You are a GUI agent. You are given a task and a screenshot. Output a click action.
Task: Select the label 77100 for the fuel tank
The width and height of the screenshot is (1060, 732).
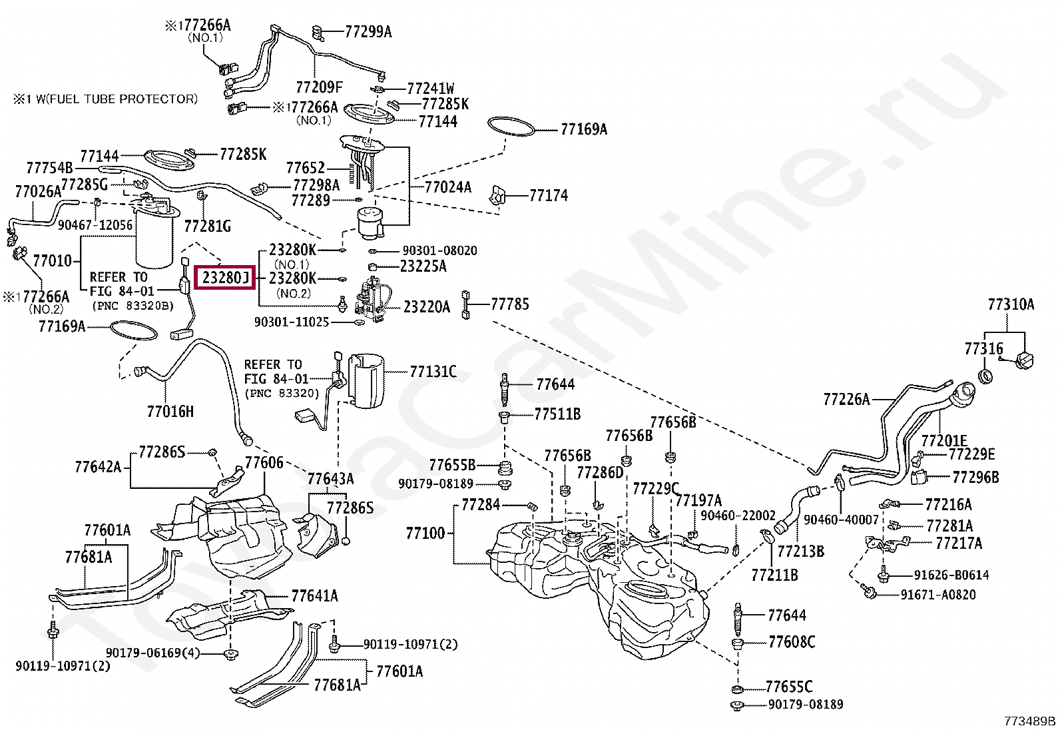click(x=425, y=533)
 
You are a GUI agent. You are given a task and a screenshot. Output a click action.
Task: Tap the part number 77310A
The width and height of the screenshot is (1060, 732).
click(x=1011, y=304)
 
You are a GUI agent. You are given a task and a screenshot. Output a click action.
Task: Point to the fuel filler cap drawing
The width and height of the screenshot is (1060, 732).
click(x=1025, y=360)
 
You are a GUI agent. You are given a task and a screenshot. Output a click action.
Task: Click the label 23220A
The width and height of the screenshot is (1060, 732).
click(x=427, y=307)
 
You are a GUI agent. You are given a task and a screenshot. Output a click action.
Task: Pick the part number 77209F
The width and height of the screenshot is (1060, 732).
click(x=319, y=87)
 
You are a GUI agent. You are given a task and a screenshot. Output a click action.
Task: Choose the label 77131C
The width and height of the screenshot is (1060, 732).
click(x=433, y=371)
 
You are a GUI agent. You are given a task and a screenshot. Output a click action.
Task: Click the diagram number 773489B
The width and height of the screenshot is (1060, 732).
click(x=1030, y=721)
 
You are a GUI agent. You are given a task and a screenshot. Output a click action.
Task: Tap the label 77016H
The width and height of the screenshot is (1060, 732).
click(x=170, y=411)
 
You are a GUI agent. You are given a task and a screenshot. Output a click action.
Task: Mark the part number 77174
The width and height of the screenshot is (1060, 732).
click(x=549, y=195)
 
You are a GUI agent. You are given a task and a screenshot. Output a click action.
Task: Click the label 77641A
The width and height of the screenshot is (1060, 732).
click(x=314, y=595)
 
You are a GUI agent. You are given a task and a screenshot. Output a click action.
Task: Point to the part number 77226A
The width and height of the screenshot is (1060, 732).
click(x=846, y=399)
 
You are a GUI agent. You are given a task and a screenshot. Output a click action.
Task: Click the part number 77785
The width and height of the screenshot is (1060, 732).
click(x=509, y=304)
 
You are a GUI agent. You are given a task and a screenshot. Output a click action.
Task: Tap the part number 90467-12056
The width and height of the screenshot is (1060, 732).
click(x=95, y=225)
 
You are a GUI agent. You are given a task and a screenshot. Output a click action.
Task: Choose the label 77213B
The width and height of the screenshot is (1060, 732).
click(x=800, y=551)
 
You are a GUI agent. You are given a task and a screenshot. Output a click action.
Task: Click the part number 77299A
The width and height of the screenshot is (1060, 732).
click(x=368, y=31)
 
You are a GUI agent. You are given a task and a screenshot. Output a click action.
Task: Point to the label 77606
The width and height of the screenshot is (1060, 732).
click(x=264, y=462)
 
